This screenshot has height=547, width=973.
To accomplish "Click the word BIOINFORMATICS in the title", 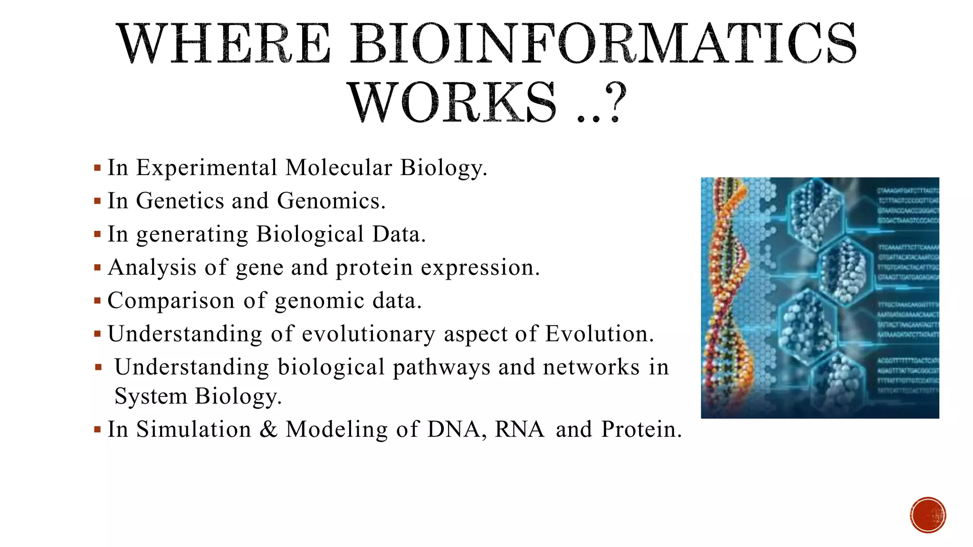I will pos(603,44).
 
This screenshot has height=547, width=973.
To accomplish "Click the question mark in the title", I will pos(616,102).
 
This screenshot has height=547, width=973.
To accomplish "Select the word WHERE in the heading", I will pos(224,44).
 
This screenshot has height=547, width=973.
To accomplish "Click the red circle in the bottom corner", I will pos(928,515).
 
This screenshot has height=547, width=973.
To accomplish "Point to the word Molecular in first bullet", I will pos(338,168).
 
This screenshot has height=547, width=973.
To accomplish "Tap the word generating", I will pos(192,235).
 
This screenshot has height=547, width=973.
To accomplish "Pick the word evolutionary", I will pos(368,334).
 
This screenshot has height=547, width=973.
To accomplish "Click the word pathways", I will pos(441,367).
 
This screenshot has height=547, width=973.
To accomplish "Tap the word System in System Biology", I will pos(151,396).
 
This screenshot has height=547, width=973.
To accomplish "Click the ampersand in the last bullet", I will pos(268,429).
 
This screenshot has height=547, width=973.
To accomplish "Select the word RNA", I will pos(519,429).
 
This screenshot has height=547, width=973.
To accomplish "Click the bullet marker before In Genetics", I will pos(97,201).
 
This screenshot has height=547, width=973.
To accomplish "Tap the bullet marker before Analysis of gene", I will pos(97,268).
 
